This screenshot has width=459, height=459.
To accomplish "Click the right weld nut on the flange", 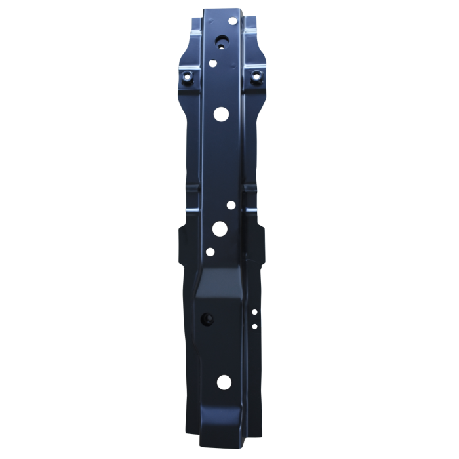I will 256,77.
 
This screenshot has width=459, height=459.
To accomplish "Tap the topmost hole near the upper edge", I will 232,22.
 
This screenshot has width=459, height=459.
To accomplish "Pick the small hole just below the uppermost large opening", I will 213,64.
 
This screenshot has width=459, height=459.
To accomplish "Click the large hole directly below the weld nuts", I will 221,113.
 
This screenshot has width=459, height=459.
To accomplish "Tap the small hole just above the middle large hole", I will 231,205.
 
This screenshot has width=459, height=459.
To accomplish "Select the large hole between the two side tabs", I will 220,228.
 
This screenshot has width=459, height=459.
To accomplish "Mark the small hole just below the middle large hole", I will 210,251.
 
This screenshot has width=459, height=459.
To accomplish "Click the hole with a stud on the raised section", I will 208,319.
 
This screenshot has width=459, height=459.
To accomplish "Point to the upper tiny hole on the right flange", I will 254,313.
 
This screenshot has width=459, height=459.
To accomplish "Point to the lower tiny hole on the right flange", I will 254,326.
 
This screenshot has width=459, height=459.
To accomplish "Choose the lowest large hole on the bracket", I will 224,381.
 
